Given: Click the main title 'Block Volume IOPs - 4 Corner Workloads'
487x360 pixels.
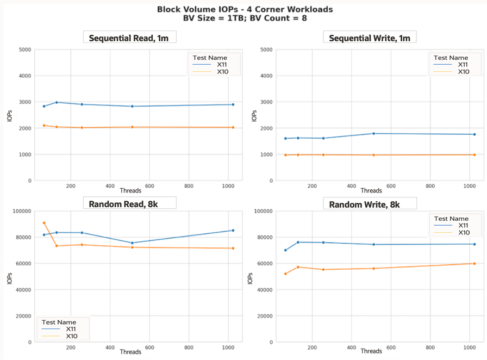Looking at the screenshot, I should pyautogui.click(x=245, y=9).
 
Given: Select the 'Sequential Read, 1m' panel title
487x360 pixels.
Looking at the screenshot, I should pyautogui.click(x=129, y=38).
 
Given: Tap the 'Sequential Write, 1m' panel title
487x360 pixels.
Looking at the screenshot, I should pyautogui.click(x=370, y=38).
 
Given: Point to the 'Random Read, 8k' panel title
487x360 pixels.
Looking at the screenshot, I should pyautogui.click(x=129, y=203).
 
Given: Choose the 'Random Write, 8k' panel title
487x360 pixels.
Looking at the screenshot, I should pyautogui.click(x=370, y=203).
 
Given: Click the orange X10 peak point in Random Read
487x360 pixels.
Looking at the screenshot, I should pyautogui.click(x=44, y=223).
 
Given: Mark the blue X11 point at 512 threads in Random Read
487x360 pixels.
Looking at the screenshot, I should pyautogui.click(x=132, y=243).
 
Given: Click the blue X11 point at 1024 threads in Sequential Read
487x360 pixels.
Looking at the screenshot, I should pyautogui.click(x=233, y=104).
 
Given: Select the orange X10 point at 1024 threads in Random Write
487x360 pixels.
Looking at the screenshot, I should pyautogui.click(x=474, y=264).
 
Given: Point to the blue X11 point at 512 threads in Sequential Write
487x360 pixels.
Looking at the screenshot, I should pyautogui.click(x=373, y=133).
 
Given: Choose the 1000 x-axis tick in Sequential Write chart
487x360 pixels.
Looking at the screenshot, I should pyautogui.click(x=469, y=186).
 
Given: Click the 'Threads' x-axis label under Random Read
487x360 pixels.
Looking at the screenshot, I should pyautogui.click(x=130, y=352).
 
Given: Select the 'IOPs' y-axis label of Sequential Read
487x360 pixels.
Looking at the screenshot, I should pyautogui.click(x=10, y=115).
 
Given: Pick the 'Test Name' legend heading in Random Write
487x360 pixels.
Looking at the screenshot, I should pyautogui.click(x=451, y=219).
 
